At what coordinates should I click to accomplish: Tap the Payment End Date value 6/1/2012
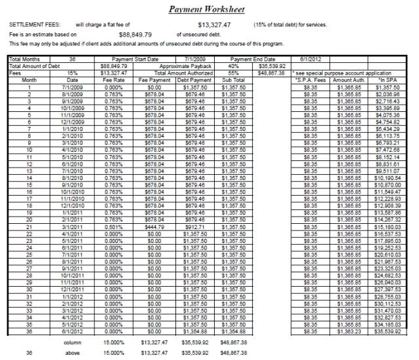[307, 58]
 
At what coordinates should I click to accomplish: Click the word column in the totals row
[72, 342]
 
